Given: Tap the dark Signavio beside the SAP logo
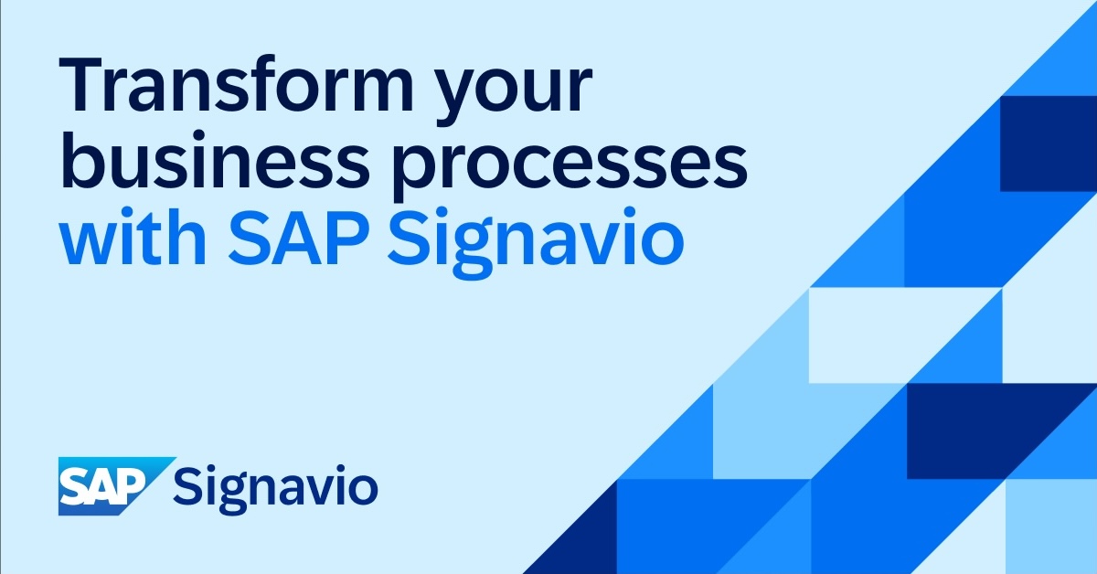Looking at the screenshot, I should click(x=275, y=489).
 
